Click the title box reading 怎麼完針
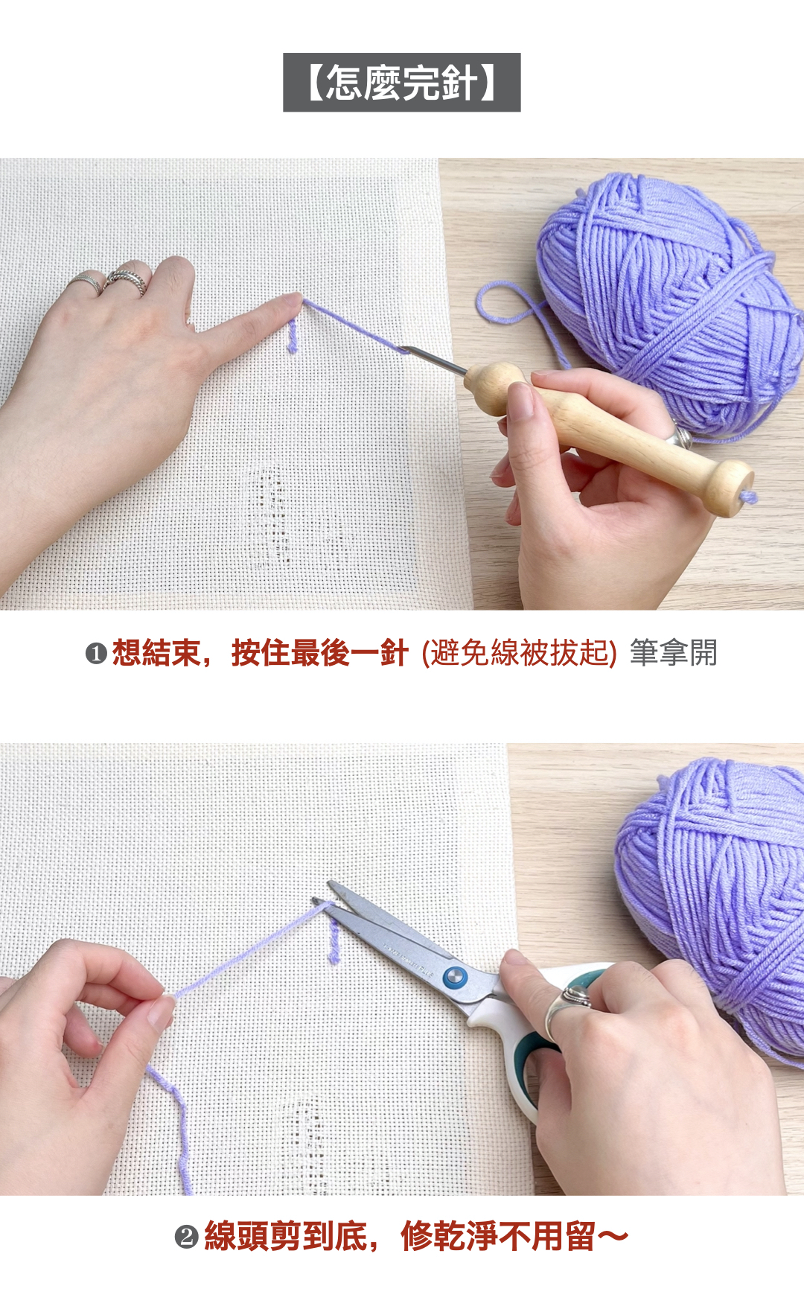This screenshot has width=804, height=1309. [x=401, y=83]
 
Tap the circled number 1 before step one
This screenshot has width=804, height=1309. [x=96, y=654]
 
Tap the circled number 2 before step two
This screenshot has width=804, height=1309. [x=186, y=1238]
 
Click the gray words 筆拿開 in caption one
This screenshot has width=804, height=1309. [x=673, y=653]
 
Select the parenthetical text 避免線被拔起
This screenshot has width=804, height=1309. [x=520, y=653]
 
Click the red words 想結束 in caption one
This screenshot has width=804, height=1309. [x=156, y=653]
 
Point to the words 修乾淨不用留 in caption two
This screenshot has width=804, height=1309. [x=497, y=1237]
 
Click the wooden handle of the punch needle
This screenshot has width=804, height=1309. [x=607, y=432]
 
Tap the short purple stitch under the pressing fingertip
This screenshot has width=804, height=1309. [x=292, y=337]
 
